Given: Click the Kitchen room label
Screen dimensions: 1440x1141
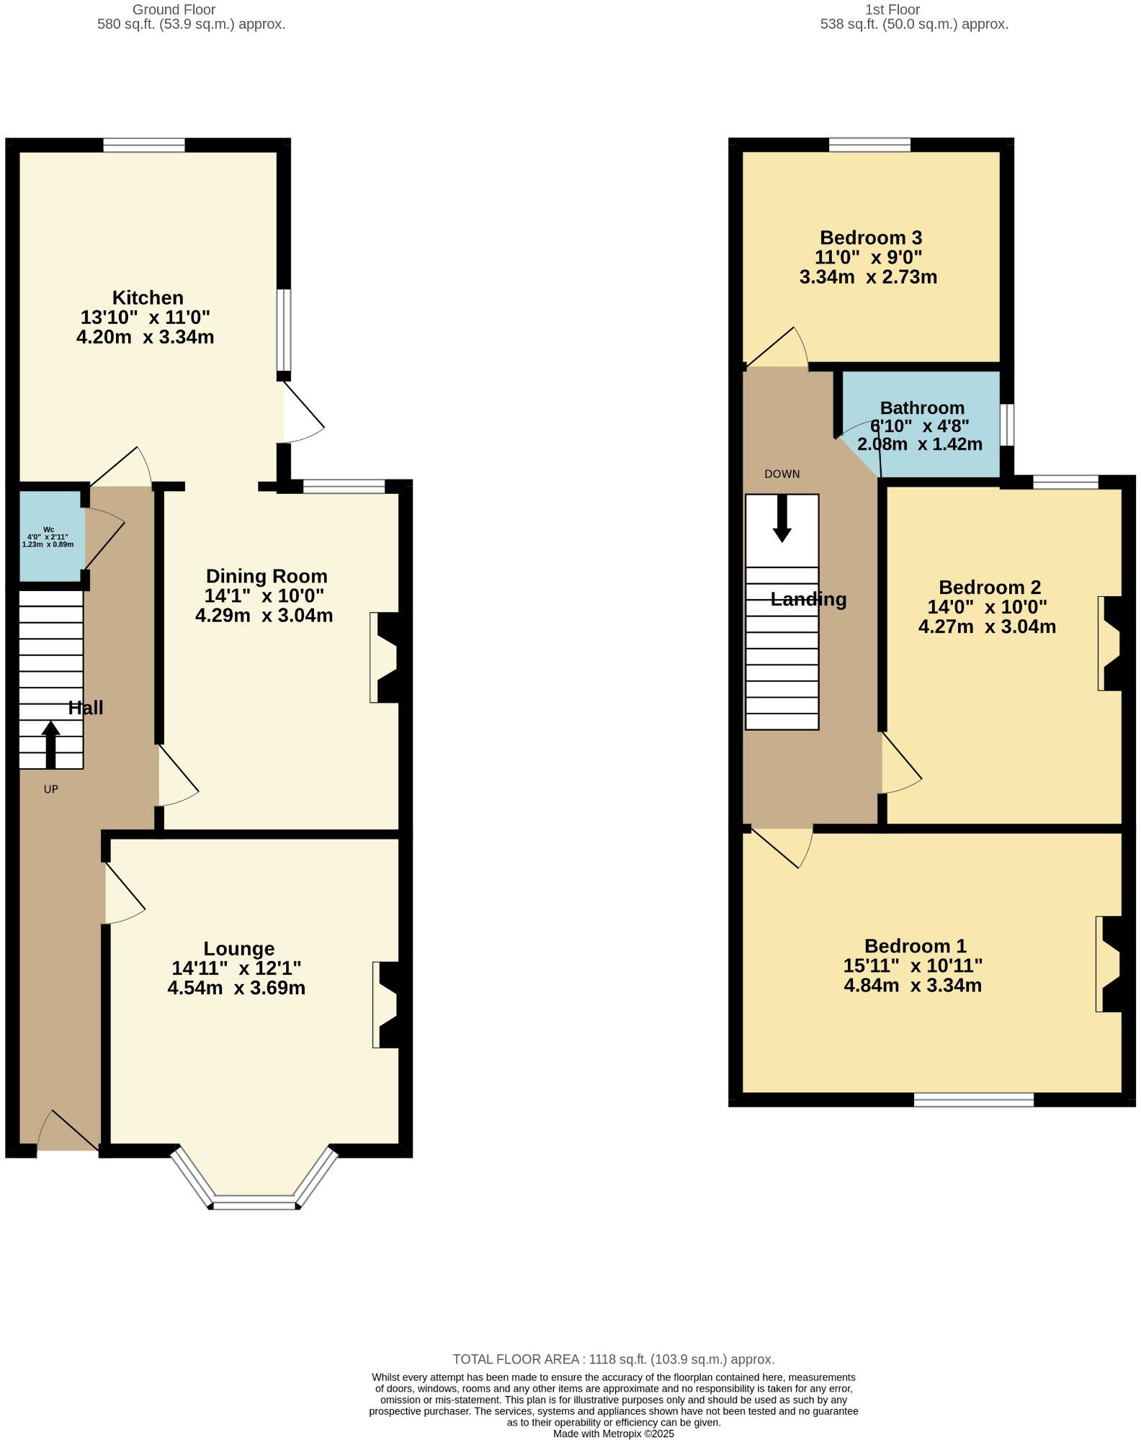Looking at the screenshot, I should pyautogui.click(x=148, y=297).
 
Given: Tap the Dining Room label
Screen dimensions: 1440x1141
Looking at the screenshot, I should pyautogui.click(x=267, y=576).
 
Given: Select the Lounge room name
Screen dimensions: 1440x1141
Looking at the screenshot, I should pyautogui.click(x=238, y=948).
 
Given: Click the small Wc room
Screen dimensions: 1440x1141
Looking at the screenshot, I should pyautogui.click(x=49, y=536).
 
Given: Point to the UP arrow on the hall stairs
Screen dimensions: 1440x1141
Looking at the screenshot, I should pyautogui.click(x=50, y=744).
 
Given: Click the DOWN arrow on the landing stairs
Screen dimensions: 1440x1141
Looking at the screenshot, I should pyautogui.click(x=782, y=518).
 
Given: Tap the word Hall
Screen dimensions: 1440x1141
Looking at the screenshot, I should pyautogui.click(x=86, y=708).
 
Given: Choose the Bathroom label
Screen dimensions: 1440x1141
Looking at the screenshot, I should pyautogui.click(x=922, y=408).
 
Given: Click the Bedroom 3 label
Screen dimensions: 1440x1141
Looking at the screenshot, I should pyautogui.click(x=871, y=238).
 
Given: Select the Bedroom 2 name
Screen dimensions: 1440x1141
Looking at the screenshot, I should pyautogui.click(x=990, y=588).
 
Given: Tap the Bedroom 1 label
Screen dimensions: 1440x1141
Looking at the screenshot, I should pyautogui.click(x=915, y=945).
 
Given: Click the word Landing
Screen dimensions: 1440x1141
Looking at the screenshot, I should pyautogui.click(x=808, y=599).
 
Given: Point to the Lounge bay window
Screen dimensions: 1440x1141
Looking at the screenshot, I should pyautogui.click(x=254, y=1196).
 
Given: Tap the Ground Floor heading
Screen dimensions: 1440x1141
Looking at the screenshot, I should pyautogui.click(x=174, y=9).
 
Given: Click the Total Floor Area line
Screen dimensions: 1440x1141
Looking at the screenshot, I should pyautogui.click(x=614, y=1359).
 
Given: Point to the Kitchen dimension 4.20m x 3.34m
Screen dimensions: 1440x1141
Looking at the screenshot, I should pyautogui.click(x=146, y=336).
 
